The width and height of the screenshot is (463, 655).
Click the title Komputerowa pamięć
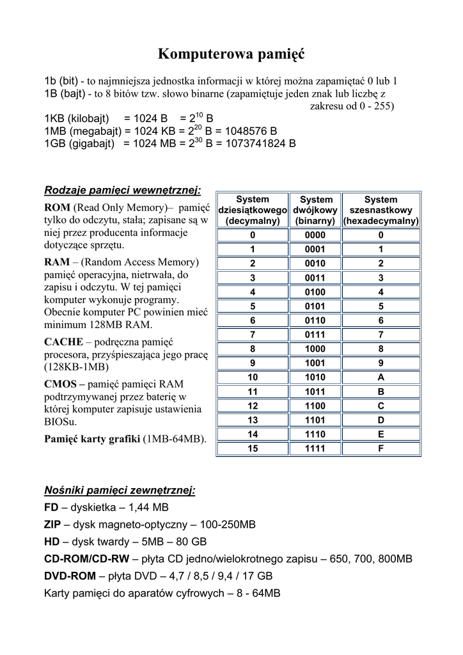click(231, 54)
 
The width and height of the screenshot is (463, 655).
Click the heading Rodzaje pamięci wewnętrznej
click(122, 190)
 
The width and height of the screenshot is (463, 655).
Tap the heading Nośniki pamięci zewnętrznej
click(120, 491)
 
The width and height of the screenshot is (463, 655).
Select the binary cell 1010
click(315, 377)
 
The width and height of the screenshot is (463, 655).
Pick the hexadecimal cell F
click(381, 449)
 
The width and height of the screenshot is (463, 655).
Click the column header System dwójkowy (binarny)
click(315, 210)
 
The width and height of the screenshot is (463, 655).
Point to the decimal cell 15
click(253, 449)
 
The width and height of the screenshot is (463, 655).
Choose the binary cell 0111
click(315, 335)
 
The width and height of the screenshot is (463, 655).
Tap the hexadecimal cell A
click(381, 377)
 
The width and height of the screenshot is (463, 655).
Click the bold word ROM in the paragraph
click(58, 208)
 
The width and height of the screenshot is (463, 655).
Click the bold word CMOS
click(61, 384)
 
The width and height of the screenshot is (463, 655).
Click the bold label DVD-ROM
click(70, 576)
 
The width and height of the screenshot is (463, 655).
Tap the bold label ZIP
click(52, 525)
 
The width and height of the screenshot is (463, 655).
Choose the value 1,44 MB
click(149, 508)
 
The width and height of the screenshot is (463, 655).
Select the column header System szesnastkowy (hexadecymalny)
click(381, 210)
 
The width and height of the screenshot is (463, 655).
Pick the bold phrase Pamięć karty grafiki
click(91, 439)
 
